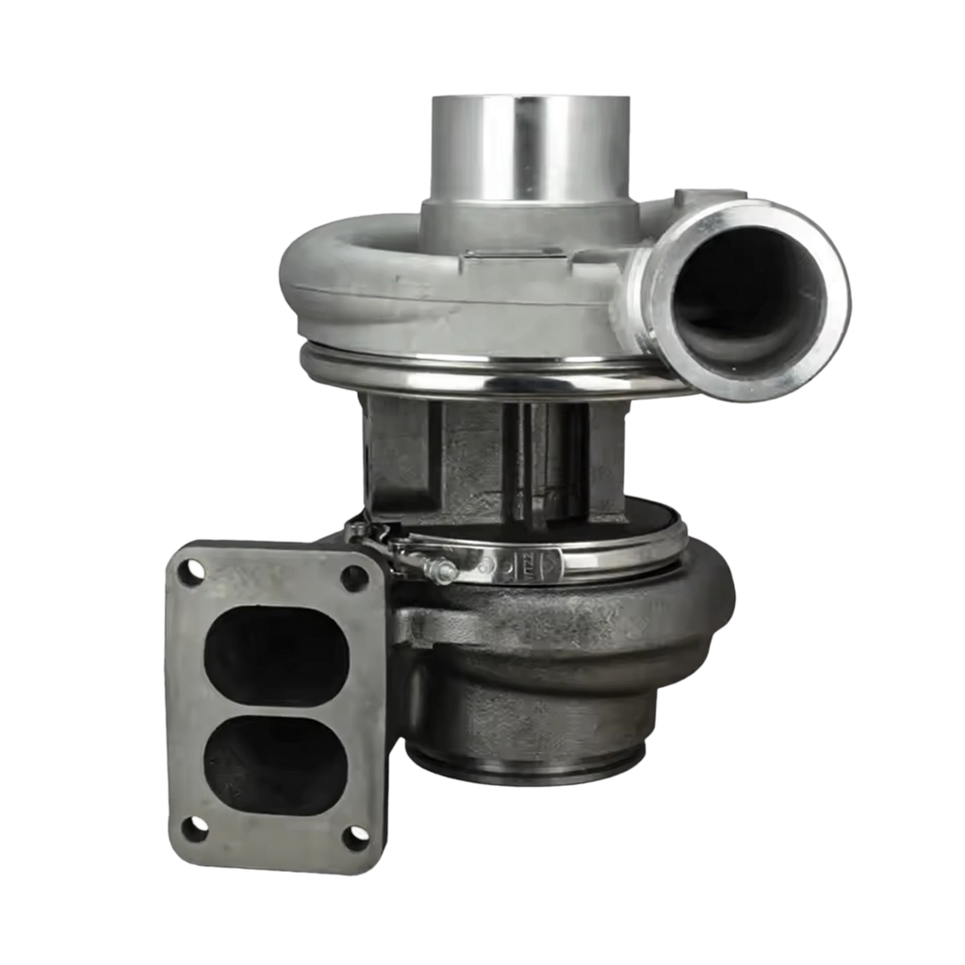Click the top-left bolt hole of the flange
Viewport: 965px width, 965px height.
point(194,569)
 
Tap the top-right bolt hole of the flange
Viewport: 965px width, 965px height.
point(354,577)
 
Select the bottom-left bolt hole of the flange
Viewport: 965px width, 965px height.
point(193,828)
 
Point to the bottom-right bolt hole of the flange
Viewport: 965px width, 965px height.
point(354,835)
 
